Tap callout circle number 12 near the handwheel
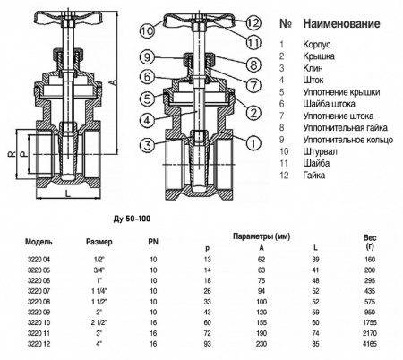(253, 22)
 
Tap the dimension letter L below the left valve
(68, 191)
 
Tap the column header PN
(153, 242)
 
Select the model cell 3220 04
(39, 258)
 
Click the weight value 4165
(369, 344)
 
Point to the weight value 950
(369, 312)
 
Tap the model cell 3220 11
(39, 333)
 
